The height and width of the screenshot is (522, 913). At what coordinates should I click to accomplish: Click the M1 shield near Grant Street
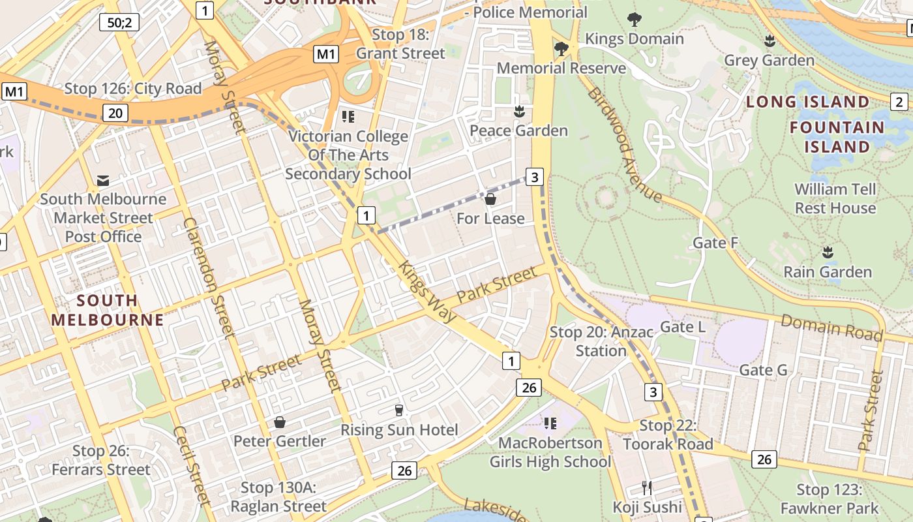[x=326, y=54]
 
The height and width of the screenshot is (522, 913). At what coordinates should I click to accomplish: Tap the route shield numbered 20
[x=115, y=113]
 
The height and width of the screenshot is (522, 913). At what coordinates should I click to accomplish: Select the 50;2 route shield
[x=119, y=23]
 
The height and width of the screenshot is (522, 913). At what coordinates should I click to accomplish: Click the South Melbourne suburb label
[x=108, y=310]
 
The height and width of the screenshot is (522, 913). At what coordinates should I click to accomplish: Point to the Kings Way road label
[x=427, y=291]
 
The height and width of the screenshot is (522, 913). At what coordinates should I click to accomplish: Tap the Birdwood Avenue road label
[x=624, y=144]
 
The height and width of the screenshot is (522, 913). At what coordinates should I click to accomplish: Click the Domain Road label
[x=831, y=327]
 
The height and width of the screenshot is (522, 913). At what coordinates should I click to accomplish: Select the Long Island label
[x=808, y=102]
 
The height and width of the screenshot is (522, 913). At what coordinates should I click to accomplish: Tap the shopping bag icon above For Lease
[x=490, y=199]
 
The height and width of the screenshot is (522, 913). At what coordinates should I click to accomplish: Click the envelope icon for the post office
[x=103, y=180]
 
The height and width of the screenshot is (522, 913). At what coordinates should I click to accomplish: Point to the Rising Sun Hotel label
[x=399, y=430]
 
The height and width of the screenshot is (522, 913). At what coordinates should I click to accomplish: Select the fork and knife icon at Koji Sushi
[x=647, y=487]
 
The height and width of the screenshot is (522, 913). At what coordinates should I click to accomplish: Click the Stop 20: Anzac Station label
[x=601, y=341]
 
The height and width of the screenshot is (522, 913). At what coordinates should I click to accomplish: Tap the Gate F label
[x=715, y=243]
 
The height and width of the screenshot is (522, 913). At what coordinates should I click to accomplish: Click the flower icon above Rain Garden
[x=828, y=252]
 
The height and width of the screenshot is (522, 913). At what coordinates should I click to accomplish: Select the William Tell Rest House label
[x=835, y=198]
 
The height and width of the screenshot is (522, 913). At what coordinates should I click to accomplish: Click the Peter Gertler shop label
[x=280, y=441]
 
